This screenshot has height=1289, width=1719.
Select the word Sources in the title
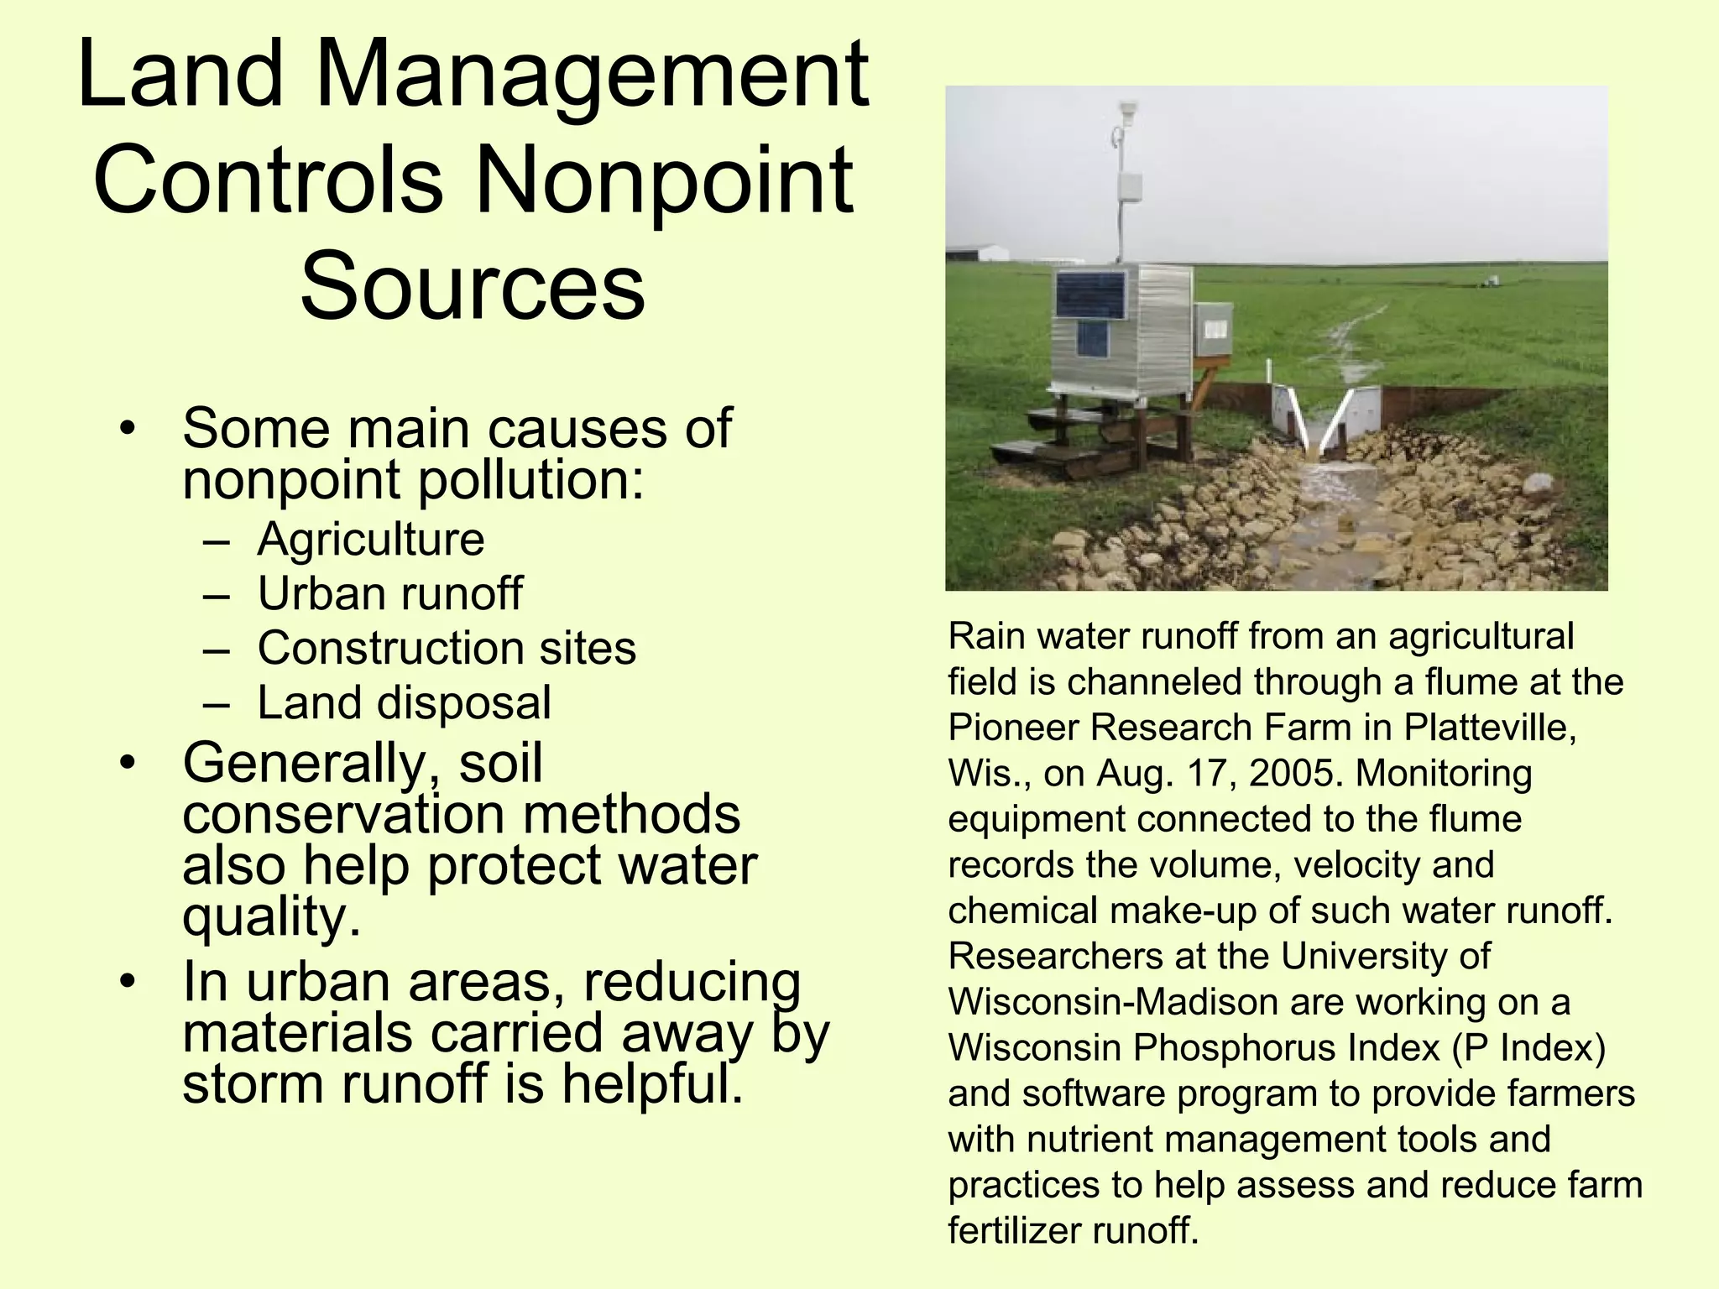click(473, 286)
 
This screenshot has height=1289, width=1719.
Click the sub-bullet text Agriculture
click(370, 539)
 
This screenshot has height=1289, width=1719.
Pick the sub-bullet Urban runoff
click(389, 593)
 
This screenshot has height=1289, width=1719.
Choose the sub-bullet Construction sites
click(447, 648)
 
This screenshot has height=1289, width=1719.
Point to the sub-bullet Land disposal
click(404, 702)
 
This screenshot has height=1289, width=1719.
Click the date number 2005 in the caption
click(1296, 773)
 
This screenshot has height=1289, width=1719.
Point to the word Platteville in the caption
click(1489, 727)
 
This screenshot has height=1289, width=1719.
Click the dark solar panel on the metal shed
click(1090, 295)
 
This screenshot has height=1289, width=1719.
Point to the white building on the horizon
click(977, 253)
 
